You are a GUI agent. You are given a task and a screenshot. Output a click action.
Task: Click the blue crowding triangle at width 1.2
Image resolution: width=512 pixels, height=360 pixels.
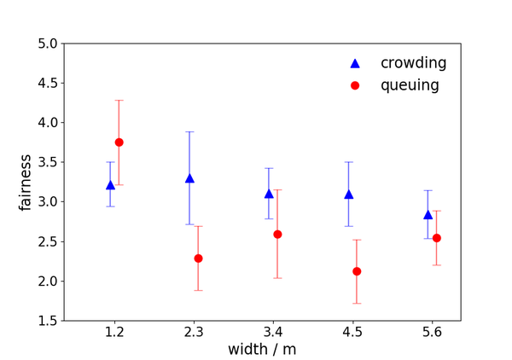pyautogui.click(x=110, y=185)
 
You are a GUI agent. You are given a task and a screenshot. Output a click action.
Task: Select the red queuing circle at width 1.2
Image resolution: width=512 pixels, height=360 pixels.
pyautogui.click(x=119, y=142)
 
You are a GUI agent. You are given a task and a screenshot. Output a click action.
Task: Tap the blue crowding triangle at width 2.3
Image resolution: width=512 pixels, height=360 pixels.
pyautogui.click(x=189, y=178)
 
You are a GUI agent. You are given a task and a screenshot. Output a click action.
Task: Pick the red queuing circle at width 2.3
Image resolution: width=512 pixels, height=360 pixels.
pyautogui.click(x=198, y=258)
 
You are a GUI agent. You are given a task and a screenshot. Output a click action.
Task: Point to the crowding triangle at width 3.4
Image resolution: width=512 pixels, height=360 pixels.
pyautogui.click(x=269, y=194)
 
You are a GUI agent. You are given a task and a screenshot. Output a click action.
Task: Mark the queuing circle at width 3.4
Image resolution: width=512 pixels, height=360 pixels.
pyautogui.click(x=277, y=234)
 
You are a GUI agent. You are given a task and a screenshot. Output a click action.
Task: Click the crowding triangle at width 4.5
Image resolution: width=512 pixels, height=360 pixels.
pyautogui.click(x=348, y=195)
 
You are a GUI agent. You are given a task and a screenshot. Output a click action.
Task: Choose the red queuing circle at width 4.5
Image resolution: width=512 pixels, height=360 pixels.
pyautogui.click(x=357, y=271)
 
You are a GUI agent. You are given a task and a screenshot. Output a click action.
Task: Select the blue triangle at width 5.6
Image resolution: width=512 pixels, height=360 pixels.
pyautogui.click(x=428, y=215)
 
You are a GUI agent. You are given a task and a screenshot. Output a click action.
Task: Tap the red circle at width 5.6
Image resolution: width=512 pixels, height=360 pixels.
pyautogui.click(x=436, y=238)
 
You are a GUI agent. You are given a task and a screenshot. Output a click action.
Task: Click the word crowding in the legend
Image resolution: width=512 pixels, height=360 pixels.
pyautogui.click(x=413, y=63)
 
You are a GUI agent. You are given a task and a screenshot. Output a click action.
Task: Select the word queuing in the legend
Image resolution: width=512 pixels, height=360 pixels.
pyautogui.click(x=410, y=85)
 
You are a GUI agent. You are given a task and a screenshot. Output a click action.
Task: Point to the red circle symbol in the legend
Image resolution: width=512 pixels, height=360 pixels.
pyautogui.click(x=356, y=85)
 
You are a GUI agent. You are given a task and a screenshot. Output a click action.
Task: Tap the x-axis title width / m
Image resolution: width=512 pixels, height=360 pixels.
pyautogui.click(x=262, y=349)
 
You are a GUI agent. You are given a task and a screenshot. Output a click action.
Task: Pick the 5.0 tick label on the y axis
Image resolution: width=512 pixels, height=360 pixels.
pyautogui.click(x=48, y=44)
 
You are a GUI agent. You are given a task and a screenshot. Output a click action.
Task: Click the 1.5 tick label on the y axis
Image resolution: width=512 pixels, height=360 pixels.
pyautogui.click(x=48, y=321)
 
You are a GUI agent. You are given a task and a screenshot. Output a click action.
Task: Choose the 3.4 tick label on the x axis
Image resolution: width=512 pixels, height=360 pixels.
pyautogui.click(x=273, y=331)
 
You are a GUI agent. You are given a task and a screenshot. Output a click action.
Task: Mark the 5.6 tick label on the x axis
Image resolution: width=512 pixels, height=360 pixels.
pyautogui.click(x=432, y=331)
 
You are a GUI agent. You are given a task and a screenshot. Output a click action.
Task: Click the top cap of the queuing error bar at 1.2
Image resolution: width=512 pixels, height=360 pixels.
pyautogui.click(x=119, y=101)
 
